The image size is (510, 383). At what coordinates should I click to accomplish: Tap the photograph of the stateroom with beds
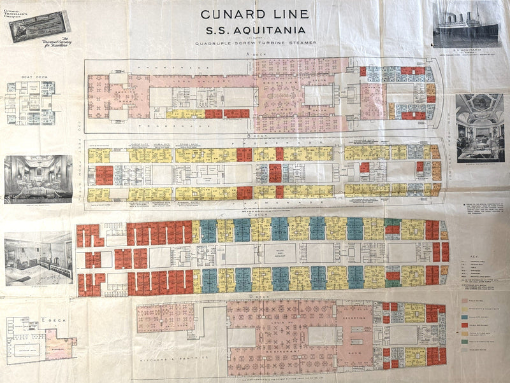(38, 258)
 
